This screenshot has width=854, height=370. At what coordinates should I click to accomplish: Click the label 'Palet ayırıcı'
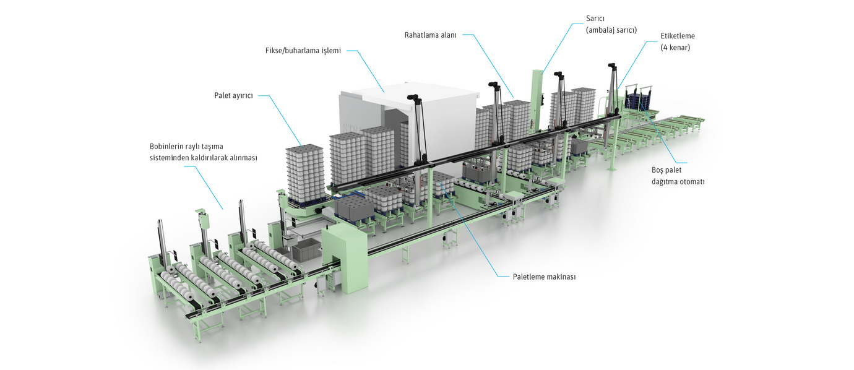(233, 96)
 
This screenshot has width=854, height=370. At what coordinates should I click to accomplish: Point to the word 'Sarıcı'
(597, 19)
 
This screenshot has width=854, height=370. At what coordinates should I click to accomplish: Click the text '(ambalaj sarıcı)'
(611, 30)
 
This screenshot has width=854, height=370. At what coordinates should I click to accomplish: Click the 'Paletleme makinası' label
(545, 277)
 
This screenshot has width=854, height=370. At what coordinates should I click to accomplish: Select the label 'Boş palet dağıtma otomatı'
(678, 176)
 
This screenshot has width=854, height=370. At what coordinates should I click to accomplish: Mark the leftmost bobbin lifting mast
(161, 244)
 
